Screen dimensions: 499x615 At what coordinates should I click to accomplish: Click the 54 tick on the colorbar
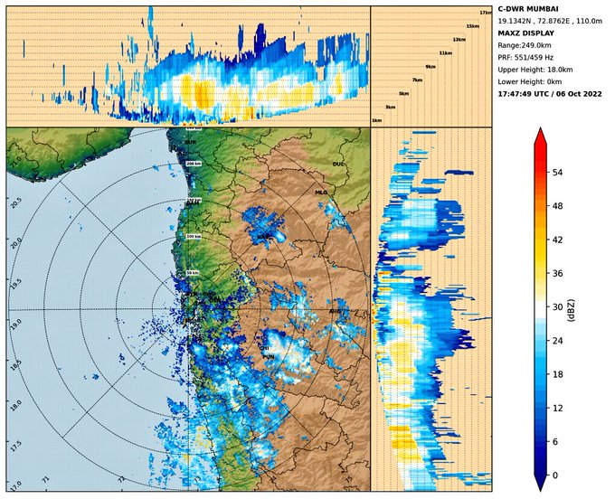pyautogui.click(x=557, y=172)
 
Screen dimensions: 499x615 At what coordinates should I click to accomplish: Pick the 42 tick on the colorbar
pyautogui.click(x=557, y=240)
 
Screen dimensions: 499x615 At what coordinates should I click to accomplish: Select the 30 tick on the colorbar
pyautogui.click(x=557, y=307)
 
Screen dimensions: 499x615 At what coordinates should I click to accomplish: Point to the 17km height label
pyautogui.click(x=485, y=12)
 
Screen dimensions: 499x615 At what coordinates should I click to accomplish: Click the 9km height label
pyautogui.click(x=430, y=67)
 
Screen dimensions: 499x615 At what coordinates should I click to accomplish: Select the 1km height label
pyautogui.click(x=376, y=120)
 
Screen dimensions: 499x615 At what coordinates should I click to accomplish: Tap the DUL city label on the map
pyautogui.click(x=339, y=165)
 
